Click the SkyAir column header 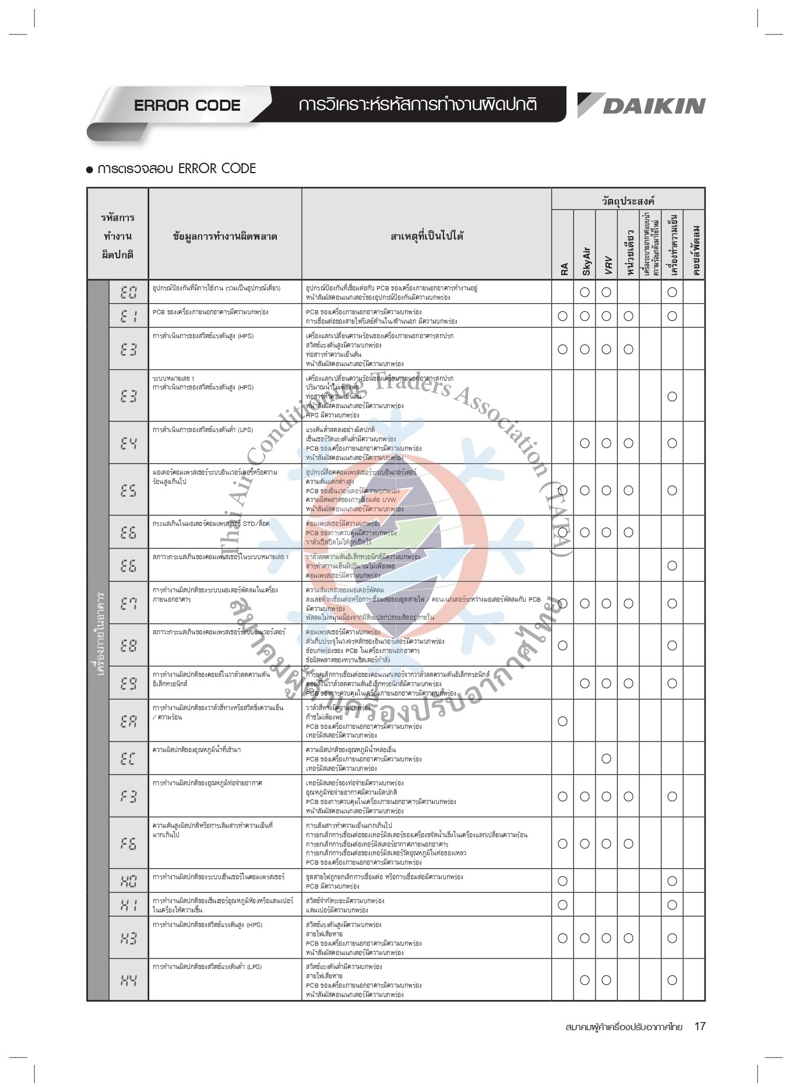pyautogui.click(x=586, y=261)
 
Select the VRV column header pyautogui.click(x=607, y=264)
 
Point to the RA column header pyautogui.click(x=564, y=269)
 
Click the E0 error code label pyautogui.click(x=128, y=292)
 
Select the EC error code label pyautogui.click(x=128, y=759)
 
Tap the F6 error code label pyautogui.click(x=128, y=843)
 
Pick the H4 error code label pyautogui.click(x=128, y=980)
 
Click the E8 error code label pyautogui.click(x=128, y=645)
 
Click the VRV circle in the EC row pyautogui.click(x=606, y=759)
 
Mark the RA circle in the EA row pyautogui.click(x=562, y=721)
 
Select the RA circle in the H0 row pyautogui.click(x=562, y=881)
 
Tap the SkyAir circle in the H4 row pyautogui.click(x=585, y=980)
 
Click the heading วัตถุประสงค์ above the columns pyautogui.click(x=628, y=201)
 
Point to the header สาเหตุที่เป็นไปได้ pyautogui.click(x=427, y=236)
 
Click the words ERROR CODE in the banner pyautogui.click(x=187, y=106)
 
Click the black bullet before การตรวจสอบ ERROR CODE pyautogui.click(x=90, y=170)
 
